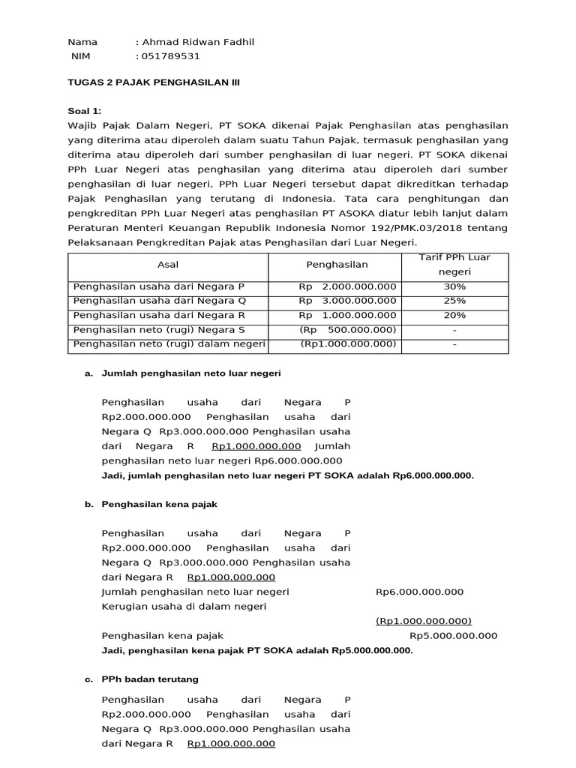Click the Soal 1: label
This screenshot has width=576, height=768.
pyautogui.click(x=84, y=110)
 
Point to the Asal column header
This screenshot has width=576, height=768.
pyautogui.click(x=168, y=265)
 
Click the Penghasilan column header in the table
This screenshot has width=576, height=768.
pyautogui.click(x=337, y=265)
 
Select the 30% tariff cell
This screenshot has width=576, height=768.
pyautogui.click(x=454, y=287)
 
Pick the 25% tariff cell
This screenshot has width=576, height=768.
pyautogui.click(x=454, y=301)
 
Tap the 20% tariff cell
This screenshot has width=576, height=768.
pyautogui.click(x=454, y=316)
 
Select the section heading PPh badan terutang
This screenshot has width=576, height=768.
pyautogui.click(x=150, y=679)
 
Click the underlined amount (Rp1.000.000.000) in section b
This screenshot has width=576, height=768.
pyautogui.click(x=423, y=621)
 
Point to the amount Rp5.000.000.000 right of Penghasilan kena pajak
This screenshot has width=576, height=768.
pyautogui.click(x=453, y=636)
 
